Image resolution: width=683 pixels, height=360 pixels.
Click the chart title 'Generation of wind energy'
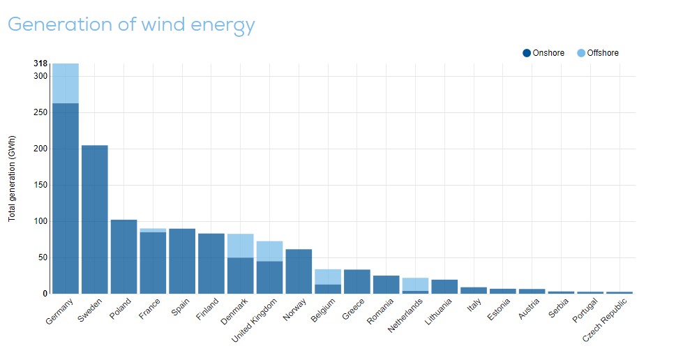click(131, 25)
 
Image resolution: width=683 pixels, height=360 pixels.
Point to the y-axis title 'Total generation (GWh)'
click(12, 179)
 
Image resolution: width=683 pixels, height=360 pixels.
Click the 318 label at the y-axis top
click(40, 63)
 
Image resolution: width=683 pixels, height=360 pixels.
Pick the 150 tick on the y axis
click(40, 185)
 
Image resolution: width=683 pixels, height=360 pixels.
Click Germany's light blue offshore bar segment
click(66, 83)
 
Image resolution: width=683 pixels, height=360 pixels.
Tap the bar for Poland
click(124, 256)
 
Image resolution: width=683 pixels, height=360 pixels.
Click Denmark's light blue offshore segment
click(241, 246)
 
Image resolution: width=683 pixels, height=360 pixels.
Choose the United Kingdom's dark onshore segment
click(270, 277)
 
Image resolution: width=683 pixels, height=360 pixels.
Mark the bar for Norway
click(299, 271)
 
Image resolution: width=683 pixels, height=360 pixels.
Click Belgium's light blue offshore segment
click(328, 276)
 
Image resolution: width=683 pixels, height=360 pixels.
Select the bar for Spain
click(182, 261)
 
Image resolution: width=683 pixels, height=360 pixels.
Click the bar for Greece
click(357, 281)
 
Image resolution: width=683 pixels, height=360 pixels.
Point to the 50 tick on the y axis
click(43, 257)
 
